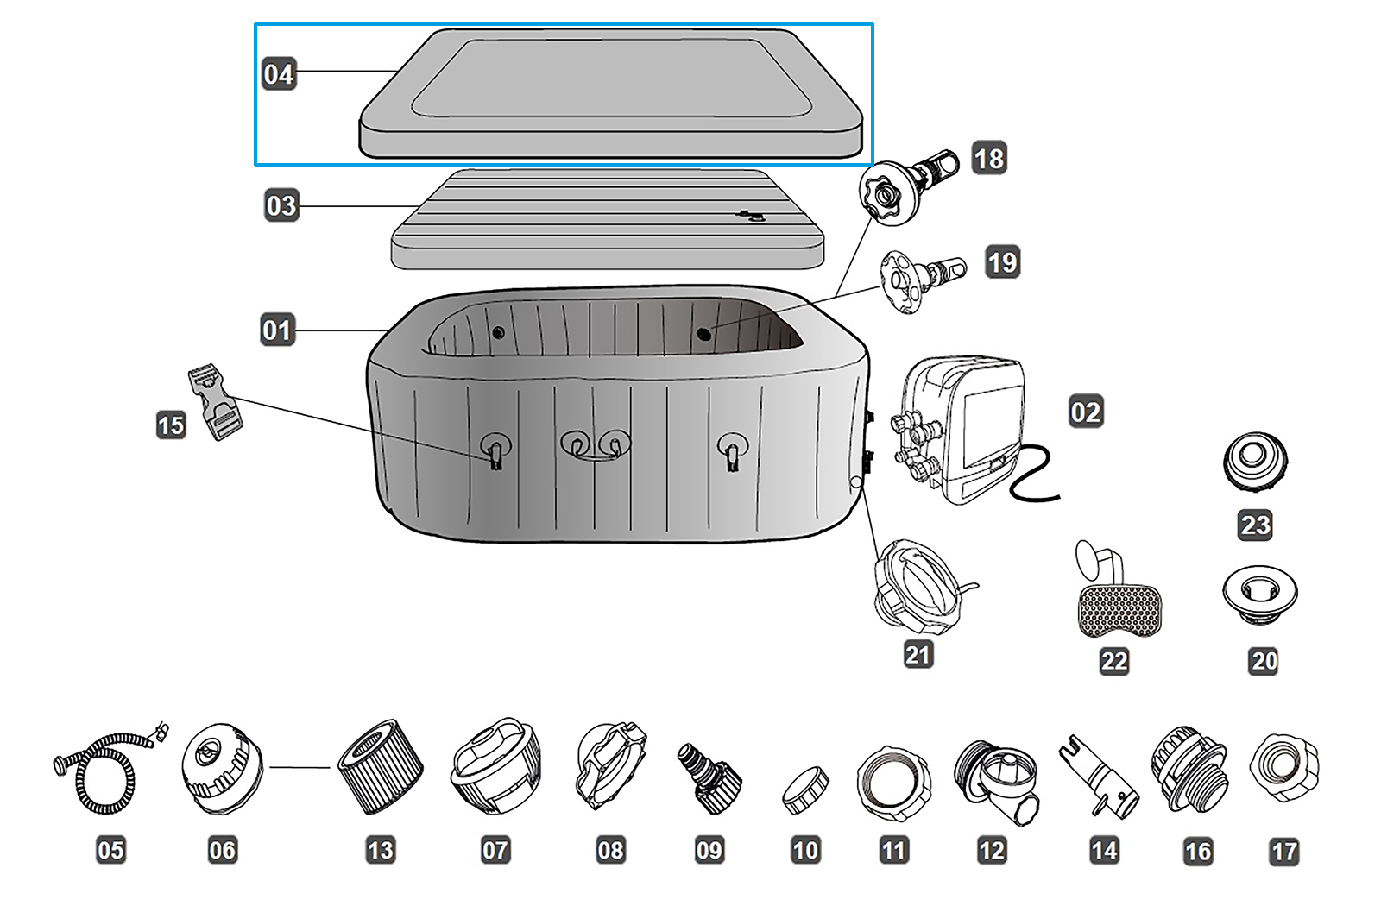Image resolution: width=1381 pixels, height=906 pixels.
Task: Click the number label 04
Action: [x=279, y=73]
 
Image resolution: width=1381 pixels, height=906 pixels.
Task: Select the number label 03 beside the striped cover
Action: [x=281, y=206]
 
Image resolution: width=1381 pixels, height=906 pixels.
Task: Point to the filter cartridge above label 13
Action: [x=379, y=767]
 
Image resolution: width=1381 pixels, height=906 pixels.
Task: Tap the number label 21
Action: [x=918, y=655]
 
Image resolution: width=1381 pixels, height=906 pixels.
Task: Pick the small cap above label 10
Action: [x=805, y=790]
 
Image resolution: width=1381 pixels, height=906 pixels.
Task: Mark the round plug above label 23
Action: [x=1255, y=462]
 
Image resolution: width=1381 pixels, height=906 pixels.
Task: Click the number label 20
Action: [x=1264, y=662]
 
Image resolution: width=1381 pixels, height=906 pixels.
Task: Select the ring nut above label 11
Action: [x=893, y=783]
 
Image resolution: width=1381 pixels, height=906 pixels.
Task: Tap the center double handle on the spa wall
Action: [x=596, y=446]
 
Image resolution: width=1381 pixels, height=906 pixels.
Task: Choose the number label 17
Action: [x=1284, y=852]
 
